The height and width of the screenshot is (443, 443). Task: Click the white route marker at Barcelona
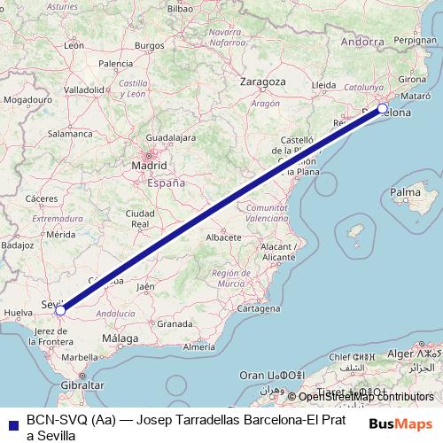point(383,109)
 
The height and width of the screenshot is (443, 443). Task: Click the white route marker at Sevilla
point(59,310)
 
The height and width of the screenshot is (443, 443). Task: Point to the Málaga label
point(120,338)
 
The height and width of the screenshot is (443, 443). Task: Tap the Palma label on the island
point(405,191)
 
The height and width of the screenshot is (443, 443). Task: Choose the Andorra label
point(362,41)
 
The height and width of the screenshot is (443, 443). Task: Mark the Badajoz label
point(17,244)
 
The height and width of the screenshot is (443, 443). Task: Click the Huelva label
point(19,313)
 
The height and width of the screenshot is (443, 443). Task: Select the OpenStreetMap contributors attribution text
point(366,397)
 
